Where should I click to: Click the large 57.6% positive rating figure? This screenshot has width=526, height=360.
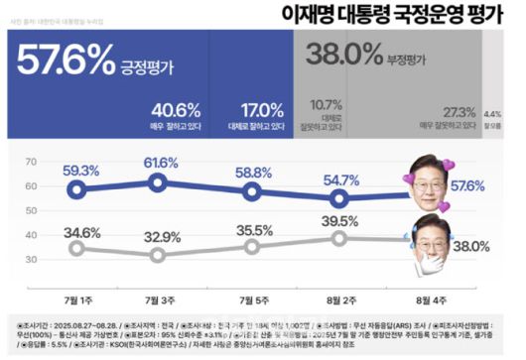tap(66, 64)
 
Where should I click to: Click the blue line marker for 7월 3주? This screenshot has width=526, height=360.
tap(160, 180)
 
